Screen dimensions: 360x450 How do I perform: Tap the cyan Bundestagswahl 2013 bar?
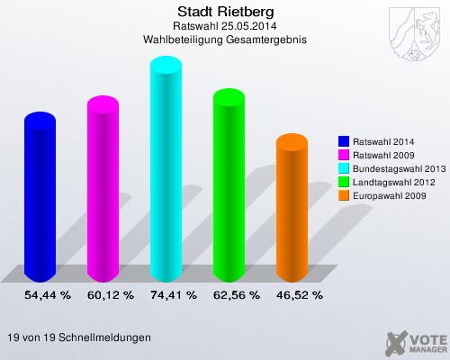[165, 171]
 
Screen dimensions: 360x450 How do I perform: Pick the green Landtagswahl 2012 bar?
[228, 184]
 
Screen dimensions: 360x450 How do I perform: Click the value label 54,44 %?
[48, 294]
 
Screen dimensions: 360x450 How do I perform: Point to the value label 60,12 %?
[111, 294]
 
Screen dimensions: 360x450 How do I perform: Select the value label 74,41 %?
[174, 294]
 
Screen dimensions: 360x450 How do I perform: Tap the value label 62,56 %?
[237, 294]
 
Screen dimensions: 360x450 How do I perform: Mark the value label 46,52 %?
[300, 294]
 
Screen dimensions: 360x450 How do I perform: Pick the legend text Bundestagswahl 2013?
[397, 168]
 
